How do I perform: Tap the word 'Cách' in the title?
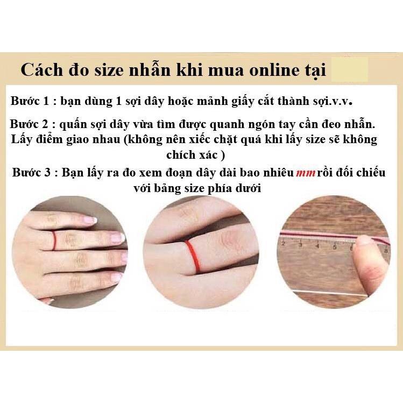[41, 69]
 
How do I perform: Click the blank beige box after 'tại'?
[350, 69]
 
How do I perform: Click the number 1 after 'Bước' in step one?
[46, 101]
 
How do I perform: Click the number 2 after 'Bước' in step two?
[45, 124]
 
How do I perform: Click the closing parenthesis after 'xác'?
[223, 155]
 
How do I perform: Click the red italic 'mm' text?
[306, 173]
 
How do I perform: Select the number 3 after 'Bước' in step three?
[47, 172]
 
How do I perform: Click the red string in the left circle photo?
[54, 241]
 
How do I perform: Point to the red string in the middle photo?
[193, 256]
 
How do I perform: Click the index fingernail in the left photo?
[89, 220]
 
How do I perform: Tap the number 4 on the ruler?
[317, 246]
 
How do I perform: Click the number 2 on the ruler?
[283, 243]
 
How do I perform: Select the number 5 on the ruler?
[335, 248]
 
